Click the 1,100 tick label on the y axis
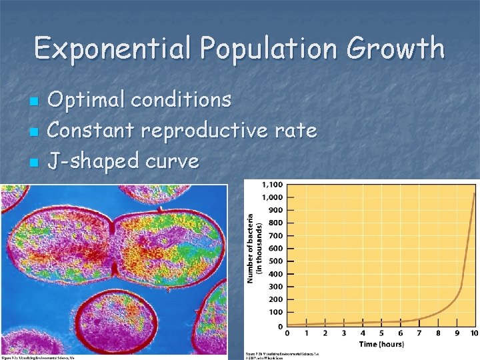tap(271, 184)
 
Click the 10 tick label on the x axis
tap(474, 333)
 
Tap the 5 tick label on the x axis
tap(381, 333)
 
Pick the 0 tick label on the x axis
tap(288, 333)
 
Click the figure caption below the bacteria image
tap(40, 357)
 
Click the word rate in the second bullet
tap(295, 131)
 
